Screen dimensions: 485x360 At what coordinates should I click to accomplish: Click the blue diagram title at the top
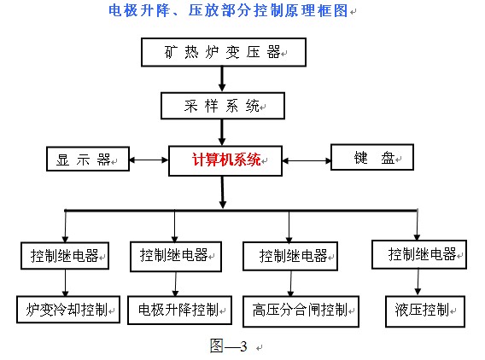(228, 10)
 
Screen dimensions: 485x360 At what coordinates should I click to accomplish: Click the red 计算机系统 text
(226, 160)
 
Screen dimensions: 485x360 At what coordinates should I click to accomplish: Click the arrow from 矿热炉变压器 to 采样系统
(222, 79)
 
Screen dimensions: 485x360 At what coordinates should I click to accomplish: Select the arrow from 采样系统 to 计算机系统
(222, 132)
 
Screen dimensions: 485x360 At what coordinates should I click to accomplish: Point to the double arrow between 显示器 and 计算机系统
(149, 160)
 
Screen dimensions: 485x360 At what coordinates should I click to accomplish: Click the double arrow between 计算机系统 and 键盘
(307, 160)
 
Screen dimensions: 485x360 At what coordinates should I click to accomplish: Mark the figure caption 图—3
(229, 345)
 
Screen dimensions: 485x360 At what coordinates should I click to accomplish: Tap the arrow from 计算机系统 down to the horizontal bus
(222, 193)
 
